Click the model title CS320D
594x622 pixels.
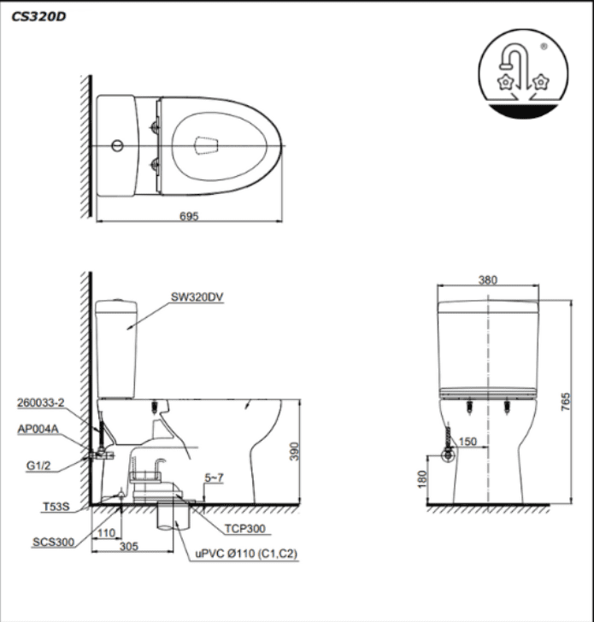pyautogui.click(x=38, y=15)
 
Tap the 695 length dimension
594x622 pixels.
pyautogui.click(x=189, y=217)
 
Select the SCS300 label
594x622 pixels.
pyautogui.click(x=51, y=541)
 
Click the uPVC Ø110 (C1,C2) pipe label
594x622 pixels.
pyautogui.click(x=246, y=554)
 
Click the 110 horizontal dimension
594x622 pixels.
pyautogui.click(x=106, y=531)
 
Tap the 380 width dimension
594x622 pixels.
pyautogui.click(x=488, y=280)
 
